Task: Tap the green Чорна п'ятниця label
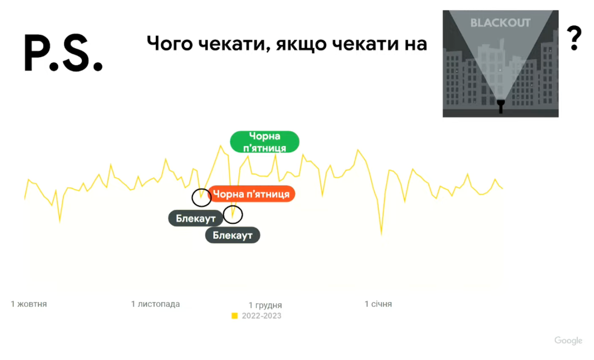coord(264,142)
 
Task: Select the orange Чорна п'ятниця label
coord(251,194)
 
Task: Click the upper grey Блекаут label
coord(195,218)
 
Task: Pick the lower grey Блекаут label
coord(232,235)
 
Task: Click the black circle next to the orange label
coord(201,197)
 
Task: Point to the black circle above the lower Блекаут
coord(232,214)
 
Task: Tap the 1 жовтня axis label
coord(29,304)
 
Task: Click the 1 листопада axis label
coord(155,304)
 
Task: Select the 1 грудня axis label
coord(265,305)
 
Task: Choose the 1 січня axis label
coord(378,304)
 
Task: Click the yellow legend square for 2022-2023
coord(234,316)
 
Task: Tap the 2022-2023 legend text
coord(261,316)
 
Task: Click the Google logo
coord(568,340)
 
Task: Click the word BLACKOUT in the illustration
coord(500,23)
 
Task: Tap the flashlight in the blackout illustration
coord(500,106)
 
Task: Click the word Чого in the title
coord(169,43)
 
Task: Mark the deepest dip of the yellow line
coord(381,234)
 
